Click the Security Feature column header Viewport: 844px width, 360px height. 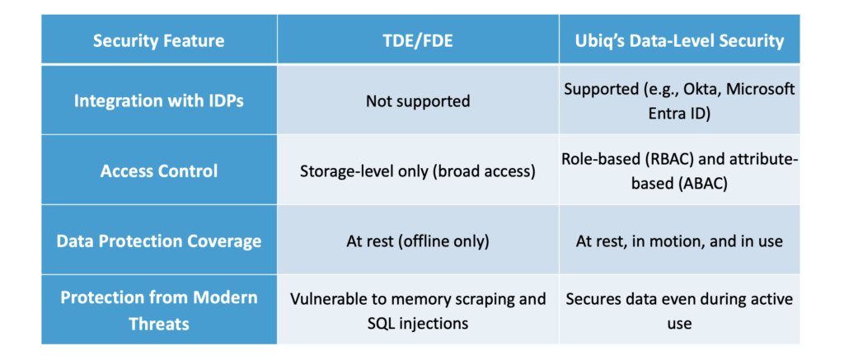159,41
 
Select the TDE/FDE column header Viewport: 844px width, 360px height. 418,41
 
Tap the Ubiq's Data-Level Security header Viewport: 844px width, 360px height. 679,41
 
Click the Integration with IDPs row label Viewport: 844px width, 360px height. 159,101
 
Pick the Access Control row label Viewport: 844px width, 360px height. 159,171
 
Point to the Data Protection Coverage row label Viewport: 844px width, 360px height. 159,241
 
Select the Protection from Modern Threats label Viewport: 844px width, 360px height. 159,311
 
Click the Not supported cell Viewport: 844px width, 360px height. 418,101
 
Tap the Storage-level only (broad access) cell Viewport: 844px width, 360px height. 418,171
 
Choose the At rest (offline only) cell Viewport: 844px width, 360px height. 418,241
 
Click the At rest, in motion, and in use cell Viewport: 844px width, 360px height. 679,241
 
